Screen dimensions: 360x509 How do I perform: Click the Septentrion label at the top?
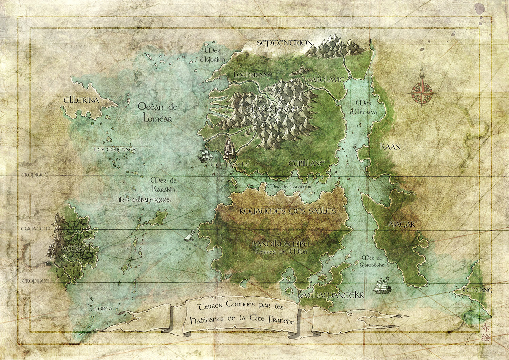click(x=284, y=43)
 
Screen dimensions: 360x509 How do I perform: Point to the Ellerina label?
click(x=81, y=100)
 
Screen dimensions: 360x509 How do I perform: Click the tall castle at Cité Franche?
click(x=229, y=149)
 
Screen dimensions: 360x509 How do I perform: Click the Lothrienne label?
click(x=253, y=75)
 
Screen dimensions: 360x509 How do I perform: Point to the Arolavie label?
click(x=328, y=80)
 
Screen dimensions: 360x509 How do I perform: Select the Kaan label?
click(x=390, y=147)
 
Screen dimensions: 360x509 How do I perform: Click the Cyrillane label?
click(x=306, y=163)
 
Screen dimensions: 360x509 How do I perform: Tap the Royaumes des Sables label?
click(x=287, y=211)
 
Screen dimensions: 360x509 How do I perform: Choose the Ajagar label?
click(x=401, y=224)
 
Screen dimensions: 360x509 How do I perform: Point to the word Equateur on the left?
click(x=36, y=229)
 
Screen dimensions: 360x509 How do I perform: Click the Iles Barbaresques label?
click(x=145, y=200)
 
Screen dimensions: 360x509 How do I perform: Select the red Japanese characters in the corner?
click(x=486, y=333)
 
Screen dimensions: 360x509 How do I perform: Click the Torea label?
click(x=103, y=309)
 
